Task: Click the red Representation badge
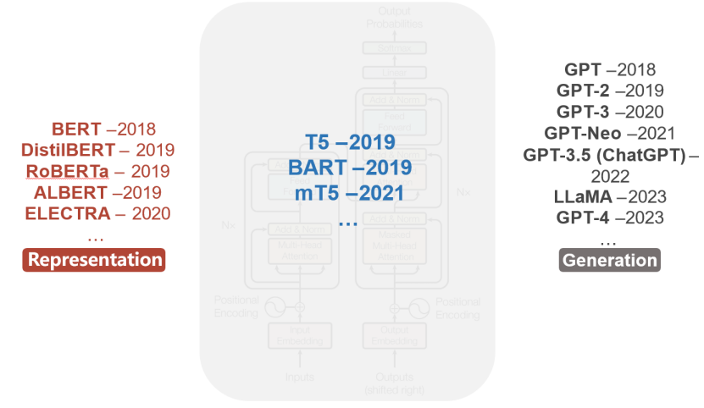click(x=93, y=259)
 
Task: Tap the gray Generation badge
click(x=609, y=260)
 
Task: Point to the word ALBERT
click(x=71, y=192)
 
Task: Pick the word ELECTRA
click(x=68, y=213)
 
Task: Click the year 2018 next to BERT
click(x=136, y=130)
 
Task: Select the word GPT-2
click(x=583, y=91)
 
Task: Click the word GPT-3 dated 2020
click(x=583, y=112)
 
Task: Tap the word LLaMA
click(x=583, y=196)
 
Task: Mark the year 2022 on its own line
click(x=610, y=175)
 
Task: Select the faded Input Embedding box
click(x=299, y=335)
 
